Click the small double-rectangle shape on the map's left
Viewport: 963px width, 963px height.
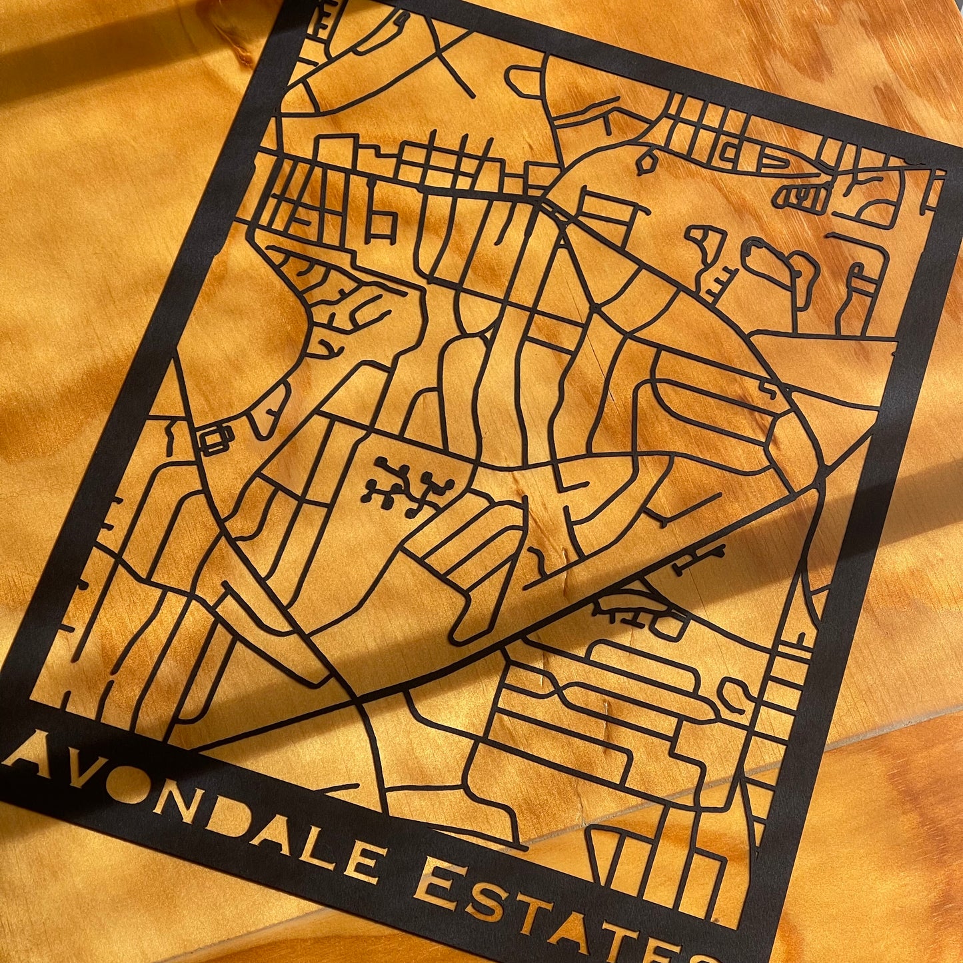(x=217, y=439)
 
